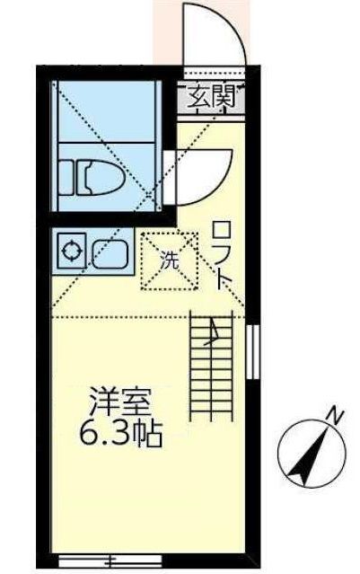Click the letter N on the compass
tap(334, 416)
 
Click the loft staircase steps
tap(214, 368)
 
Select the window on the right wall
tap(251, 350)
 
